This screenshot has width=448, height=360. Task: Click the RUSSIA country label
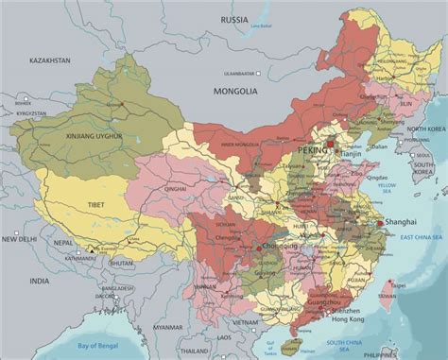234,19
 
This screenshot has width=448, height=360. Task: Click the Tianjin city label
352,153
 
